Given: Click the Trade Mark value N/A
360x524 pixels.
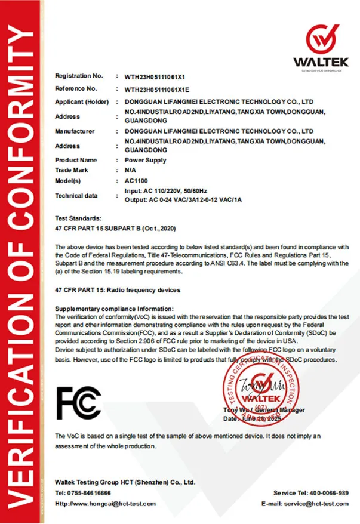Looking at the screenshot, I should click(130, 171).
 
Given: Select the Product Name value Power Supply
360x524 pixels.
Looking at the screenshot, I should click(145, 161).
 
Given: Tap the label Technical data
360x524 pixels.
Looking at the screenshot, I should click(76, 196).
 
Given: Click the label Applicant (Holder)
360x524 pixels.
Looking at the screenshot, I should click(82, 102).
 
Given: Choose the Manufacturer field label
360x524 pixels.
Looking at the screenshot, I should click(75, 131).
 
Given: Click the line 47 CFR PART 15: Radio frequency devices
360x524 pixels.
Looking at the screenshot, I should click(117, 290).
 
